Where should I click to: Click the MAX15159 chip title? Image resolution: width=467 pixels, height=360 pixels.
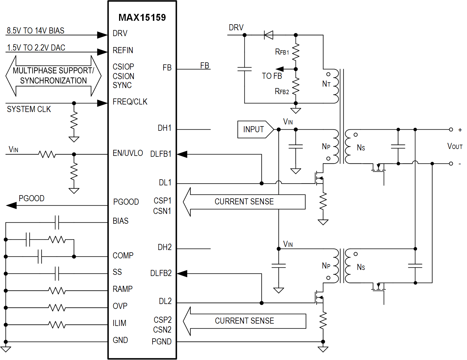click(x=142, y=18)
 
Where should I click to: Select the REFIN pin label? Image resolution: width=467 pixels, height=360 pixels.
click(x=123, y=51)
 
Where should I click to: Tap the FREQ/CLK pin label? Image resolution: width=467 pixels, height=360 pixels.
click(x=130, y=102)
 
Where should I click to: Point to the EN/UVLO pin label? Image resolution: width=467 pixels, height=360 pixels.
click(x=128, y=153)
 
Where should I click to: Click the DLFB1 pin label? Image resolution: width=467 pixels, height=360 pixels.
click(x=161, y=154)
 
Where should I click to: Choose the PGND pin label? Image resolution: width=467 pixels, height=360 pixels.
click(x=162, y=342)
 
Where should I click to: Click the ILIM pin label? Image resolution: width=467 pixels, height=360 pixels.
click(x=119, y=323)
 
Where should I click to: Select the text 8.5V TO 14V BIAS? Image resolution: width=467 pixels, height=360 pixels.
click(x=36, y=31)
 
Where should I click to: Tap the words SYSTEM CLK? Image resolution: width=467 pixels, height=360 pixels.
click(x=29, y=109)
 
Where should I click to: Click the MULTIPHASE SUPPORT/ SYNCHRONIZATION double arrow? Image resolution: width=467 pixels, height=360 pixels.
click(x=53, y=76)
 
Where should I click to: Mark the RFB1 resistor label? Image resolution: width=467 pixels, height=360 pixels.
click(x=282, y=52)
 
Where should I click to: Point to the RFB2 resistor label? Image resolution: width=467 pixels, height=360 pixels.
click(x=282, y=92)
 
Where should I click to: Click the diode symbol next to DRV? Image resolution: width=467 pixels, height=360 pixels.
click(x=269, y=35)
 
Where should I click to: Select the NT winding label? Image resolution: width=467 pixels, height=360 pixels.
click(x=326, y=84)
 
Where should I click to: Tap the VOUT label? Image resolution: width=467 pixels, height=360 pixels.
click(x=455, y=146)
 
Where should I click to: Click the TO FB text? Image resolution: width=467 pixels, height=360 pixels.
click(x=272, y=76)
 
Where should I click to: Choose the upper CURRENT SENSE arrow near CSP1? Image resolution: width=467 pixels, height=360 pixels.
click(x=244, y=202)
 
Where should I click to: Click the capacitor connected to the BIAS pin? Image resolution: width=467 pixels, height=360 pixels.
click(x=57, y=222)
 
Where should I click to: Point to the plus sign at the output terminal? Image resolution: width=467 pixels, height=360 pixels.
click(x=460, y=130)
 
